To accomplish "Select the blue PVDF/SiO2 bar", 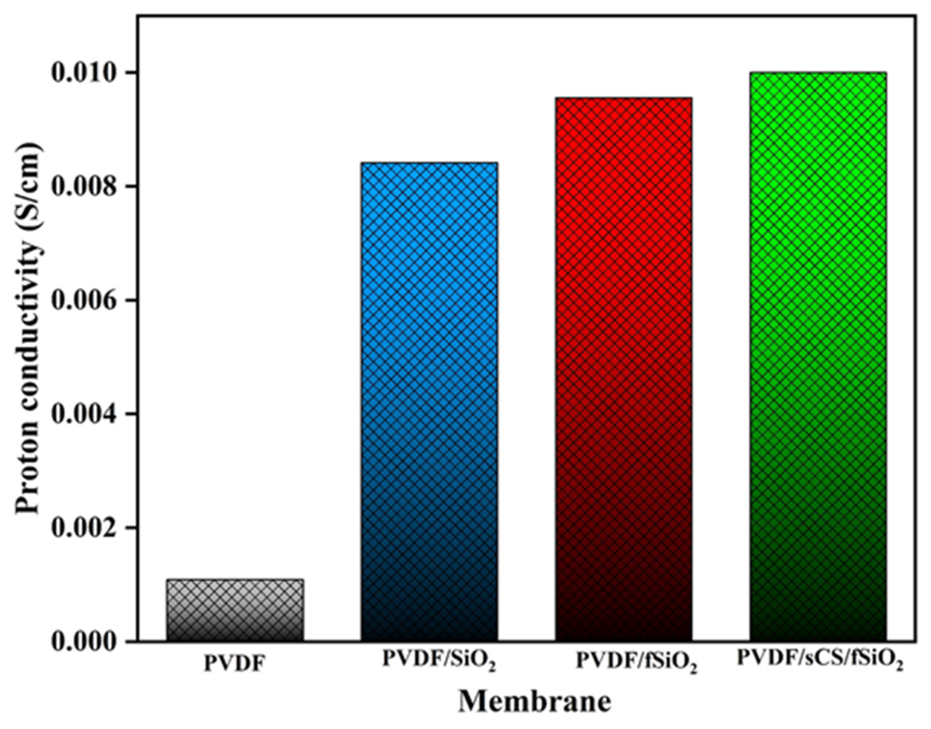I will (429, 401).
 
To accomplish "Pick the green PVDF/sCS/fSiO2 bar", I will (818, 357).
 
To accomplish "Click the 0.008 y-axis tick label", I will (84, 187).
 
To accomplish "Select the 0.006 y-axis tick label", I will (84, 301).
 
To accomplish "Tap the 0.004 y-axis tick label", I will (84, 414).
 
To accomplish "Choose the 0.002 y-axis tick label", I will (84, 527).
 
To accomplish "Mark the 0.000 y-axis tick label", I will (84, 641).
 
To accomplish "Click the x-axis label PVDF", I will (234, 677).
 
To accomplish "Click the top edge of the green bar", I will (818, 73).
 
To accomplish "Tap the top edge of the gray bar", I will (235, 580).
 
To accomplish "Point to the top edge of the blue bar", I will (429, 163).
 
